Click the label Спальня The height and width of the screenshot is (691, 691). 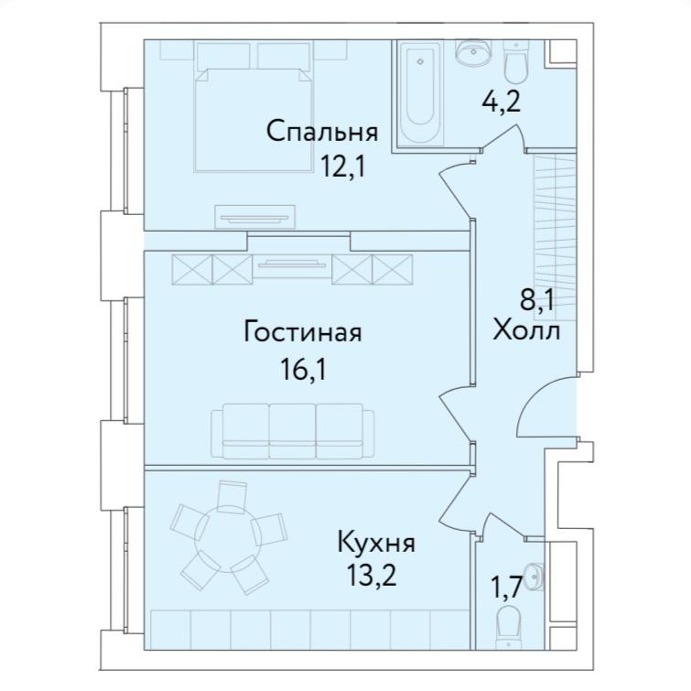[322, 132]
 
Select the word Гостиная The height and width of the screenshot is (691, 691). [302, 331]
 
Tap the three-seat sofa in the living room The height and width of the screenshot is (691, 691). [292, 430]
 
